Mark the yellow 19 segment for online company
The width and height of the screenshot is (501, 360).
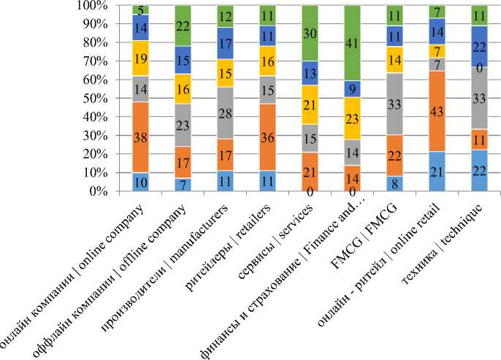[141, 58]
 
